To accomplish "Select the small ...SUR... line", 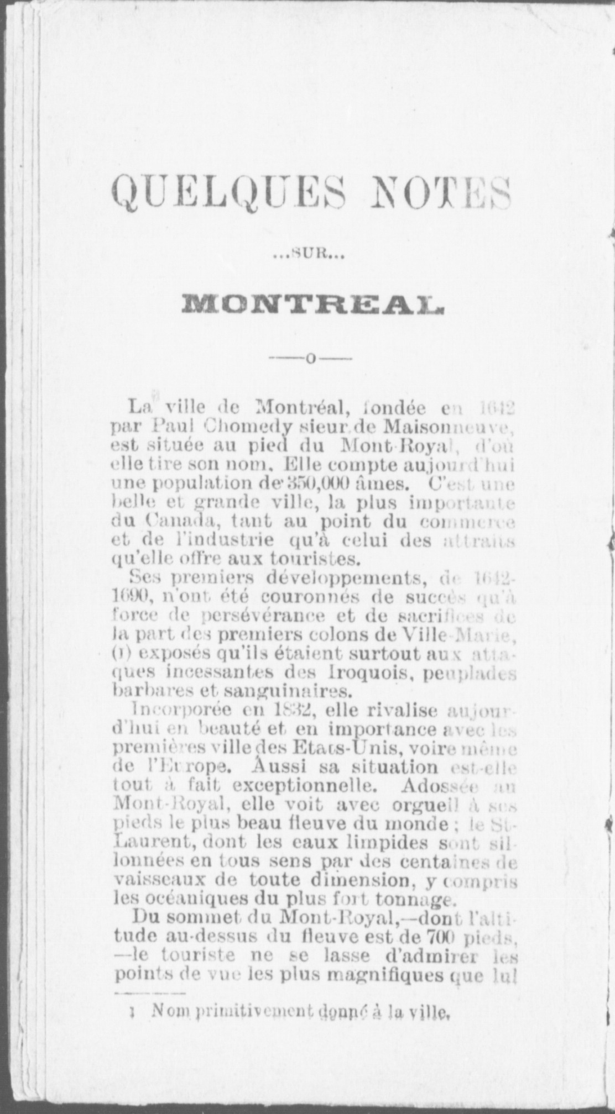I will (308, 255).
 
